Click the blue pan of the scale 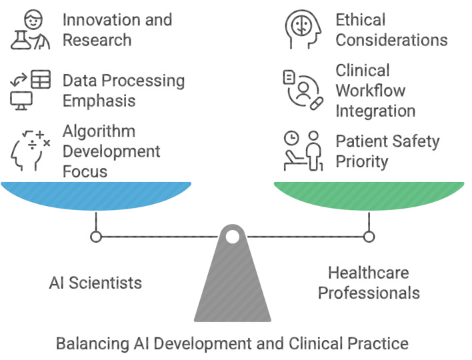click(x=96, y=193)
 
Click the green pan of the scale click(x=369, y=193)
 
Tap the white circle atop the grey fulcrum click(x=232, y=237)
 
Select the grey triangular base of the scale click(x=232, y=287)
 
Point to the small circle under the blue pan click(x=96, y=237)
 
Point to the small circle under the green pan click(x=369, y=237)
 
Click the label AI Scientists click(x=95, y=282)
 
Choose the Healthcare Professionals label click(x=369, y=282)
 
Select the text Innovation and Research click(x=117, y=29)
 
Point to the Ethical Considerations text click(x=391, y=29)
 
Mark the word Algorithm click(x=99, y=131)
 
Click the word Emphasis click(x=99, y=101)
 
